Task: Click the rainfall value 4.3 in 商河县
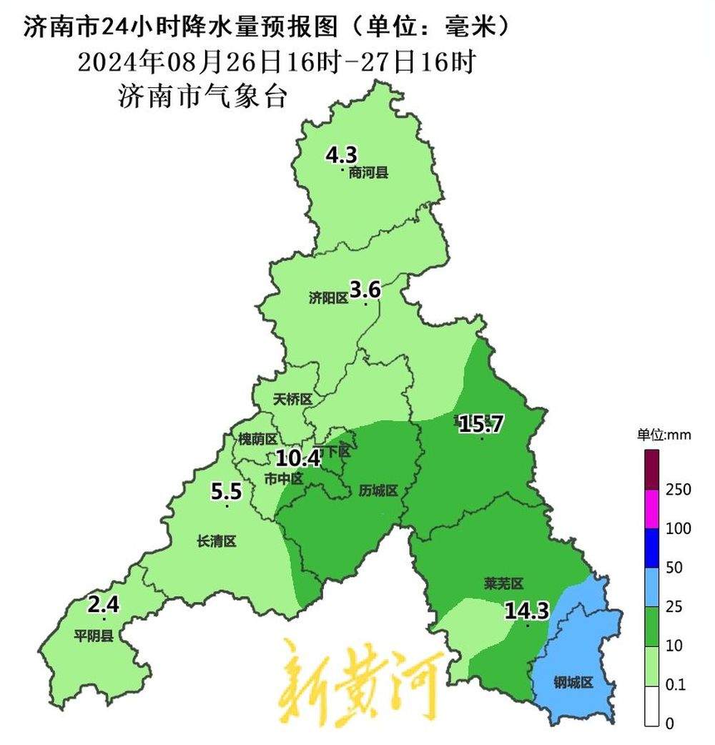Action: (x=341, y=154)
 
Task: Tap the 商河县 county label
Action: (x=368, y=172)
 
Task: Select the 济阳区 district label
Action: (x=328, y=299)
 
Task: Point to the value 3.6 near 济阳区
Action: (x=364, y=290)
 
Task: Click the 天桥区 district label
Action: (x=293, y=400)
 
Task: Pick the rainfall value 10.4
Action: (x=298, y=456)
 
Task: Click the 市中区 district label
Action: (x=284, y=478)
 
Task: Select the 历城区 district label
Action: (x=378, y=490)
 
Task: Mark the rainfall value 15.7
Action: (x=481, y=424)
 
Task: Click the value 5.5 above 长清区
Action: (x=227, y=491)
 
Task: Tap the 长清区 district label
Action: (x=216, y=542)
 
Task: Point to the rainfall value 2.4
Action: (x=104, y=605)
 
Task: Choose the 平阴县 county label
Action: (x=94, y=636)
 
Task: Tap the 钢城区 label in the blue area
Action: (x=573, y=683)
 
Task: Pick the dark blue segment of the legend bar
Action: (x=651, y=548)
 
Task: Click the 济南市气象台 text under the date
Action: (x=202, y=97)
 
